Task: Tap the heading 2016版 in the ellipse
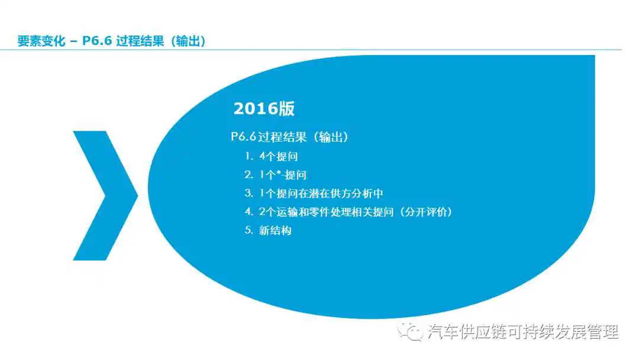coord(264,109)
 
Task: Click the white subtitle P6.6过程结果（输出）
coord(290,137)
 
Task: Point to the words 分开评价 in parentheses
coord(426,212)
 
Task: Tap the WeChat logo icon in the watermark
coord(410,332)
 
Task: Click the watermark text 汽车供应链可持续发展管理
coord(523,332)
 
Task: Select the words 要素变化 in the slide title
coord(41,41)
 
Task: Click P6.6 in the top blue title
coord(97,41)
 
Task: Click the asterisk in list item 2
coord(279,173)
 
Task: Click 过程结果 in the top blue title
coord(140,41)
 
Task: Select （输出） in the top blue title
coord(188,41)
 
